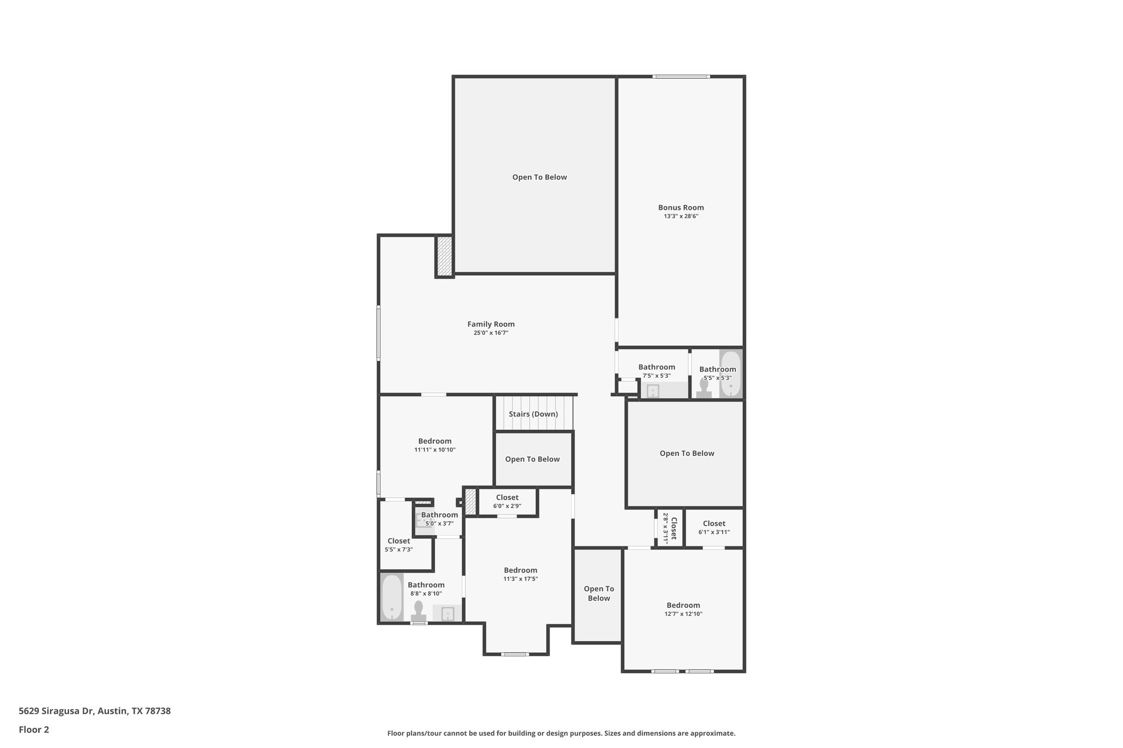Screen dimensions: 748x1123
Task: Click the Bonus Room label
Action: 681,208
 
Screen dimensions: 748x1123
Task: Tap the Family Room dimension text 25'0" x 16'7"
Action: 491,333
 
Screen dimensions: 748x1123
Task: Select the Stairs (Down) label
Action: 533,414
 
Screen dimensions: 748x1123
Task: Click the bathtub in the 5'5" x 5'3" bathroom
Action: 730,374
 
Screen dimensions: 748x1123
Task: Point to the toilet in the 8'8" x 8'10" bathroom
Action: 419,612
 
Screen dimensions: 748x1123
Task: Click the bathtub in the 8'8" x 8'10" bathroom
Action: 392,597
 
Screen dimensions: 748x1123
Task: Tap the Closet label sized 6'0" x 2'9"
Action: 507,498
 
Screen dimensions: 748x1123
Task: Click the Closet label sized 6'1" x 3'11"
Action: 714,524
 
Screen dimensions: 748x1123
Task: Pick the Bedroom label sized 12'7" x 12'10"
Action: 683,606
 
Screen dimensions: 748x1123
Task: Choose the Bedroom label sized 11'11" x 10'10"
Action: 435,441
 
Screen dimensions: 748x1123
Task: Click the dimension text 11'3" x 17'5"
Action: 520,579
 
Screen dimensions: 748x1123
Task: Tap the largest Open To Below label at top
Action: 540,177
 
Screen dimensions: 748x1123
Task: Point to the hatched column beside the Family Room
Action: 444,256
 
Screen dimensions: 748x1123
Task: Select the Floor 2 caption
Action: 34,729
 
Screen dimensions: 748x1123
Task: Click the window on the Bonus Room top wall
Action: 681,77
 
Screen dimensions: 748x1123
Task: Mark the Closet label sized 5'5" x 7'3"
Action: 399,541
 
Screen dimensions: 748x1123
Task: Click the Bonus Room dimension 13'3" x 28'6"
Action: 681,216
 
